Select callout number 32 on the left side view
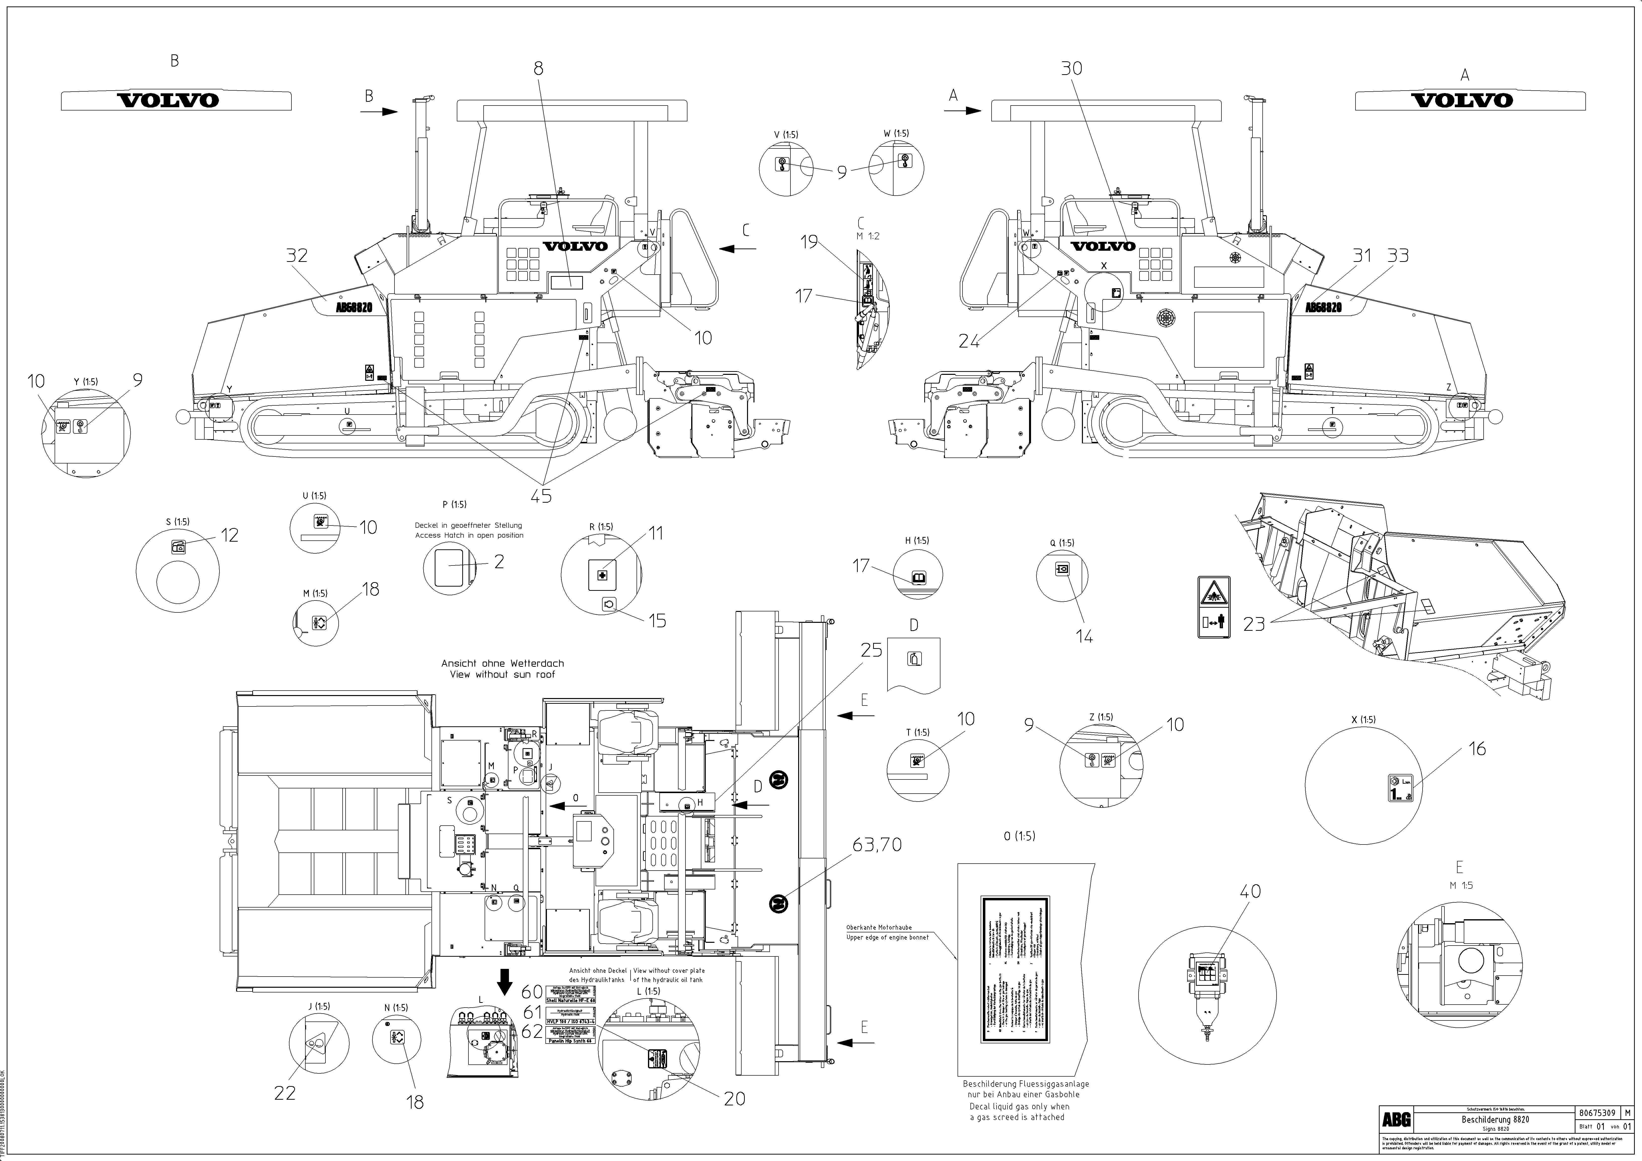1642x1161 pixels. coord(297,255)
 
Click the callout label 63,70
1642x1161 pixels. coord(877,844)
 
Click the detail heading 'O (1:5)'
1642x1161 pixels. coord(1019,836)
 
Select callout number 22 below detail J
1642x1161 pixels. coord(285,1093)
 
